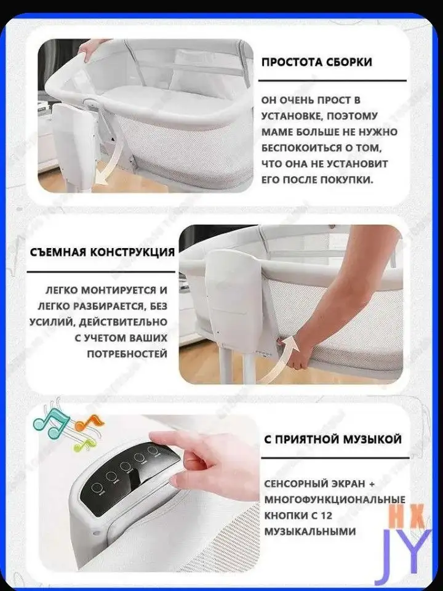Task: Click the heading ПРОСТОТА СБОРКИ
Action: coord(316,63)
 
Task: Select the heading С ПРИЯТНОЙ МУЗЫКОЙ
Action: coord(332,440)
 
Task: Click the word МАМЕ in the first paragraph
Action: coord(277,132)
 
